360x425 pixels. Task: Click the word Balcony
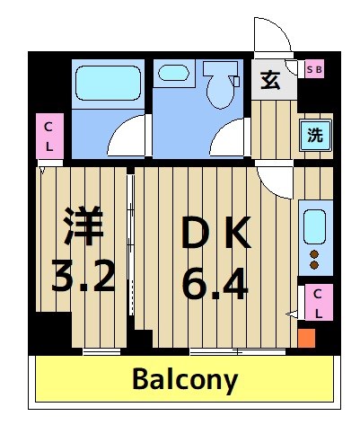(x=186, y=379)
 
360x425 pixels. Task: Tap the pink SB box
(x=314, y=68)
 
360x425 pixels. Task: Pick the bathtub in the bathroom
(x=107, y=83)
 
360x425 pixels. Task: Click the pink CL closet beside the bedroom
(x=48, y=138)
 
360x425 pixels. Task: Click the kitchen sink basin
(x=315, y=227)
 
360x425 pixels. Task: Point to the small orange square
(x=307, y=339)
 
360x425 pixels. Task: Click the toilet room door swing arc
(x=226, y=137)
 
